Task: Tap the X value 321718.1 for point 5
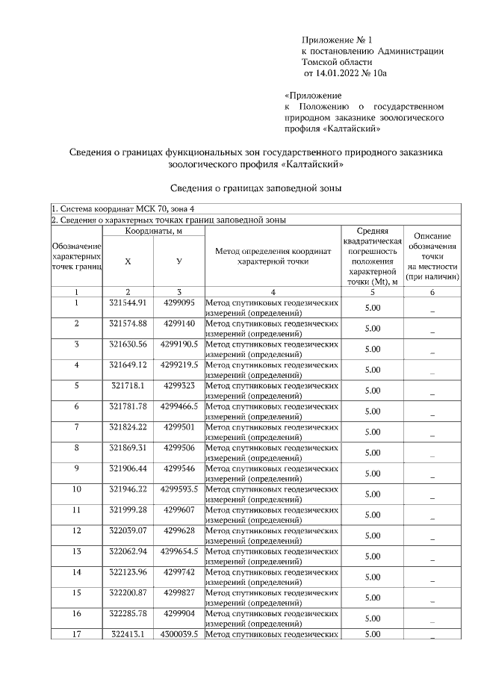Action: (x=128, y=385)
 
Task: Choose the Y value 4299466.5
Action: (x=179, y=406)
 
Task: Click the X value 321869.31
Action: (x=128, y=447)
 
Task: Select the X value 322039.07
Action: (x=128, y=530)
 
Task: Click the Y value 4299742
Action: (x=179, y=571)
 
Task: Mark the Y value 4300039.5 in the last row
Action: (x=179, y=633)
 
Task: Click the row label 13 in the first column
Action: (x=76, y=551)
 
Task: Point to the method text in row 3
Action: (x=272, y=348)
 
